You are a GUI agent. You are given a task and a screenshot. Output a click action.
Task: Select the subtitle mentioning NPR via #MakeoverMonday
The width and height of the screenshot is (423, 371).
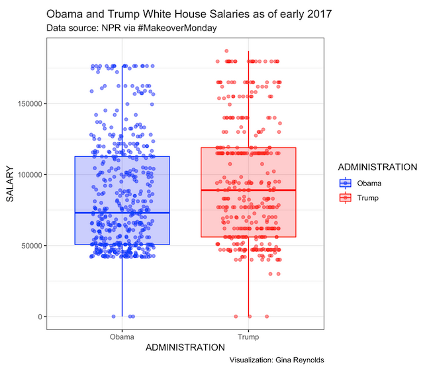click(132, 28)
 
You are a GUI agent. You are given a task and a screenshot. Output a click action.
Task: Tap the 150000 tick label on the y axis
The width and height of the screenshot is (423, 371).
click(28, 103)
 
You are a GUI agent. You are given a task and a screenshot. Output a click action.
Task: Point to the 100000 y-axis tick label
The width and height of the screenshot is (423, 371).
click(28, 174)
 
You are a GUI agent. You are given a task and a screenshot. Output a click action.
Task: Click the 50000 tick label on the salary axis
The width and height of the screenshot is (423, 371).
click(30, 245)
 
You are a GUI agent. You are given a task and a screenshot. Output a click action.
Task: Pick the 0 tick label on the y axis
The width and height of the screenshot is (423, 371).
click(40, 317)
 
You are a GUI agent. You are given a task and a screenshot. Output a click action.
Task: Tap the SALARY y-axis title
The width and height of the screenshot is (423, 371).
click(10, 184)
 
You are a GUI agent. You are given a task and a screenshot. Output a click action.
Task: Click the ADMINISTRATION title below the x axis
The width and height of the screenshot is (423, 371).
click(185, 347)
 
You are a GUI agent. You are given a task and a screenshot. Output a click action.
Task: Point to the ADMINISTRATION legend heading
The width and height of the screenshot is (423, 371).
click(375, 167)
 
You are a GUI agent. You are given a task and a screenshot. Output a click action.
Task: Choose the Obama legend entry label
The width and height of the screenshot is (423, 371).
click(369, 183)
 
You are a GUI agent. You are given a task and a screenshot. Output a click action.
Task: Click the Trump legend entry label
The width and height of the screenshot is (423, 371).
click(367, 197)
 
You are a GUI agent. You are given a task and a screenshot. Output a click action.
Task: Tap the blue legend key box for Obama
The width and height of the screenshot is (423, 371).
click(345, 183)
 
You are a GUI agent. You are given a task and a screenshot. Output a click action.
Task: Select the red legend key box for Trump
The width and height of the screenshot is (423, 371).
click(345, 197)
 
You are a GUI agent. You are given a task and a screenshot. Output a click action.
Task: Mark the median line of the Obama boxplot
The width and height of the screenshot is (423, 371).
click(122, 213)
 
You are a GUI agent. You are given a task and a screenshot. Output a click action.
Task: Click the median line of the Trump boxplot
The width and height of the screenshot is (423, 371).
click(248, 190)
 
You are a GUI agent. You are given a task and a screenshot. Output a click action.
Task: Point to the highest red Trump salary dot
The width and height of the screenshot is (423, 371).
click(226, 51)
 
